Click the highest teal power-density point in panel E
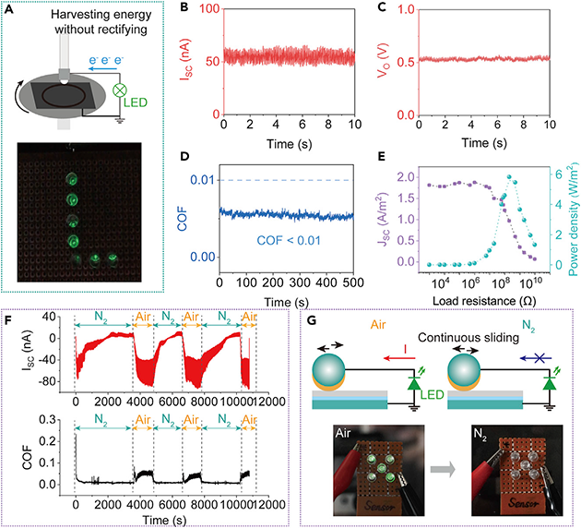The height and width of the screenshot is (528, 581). tap(515, 182)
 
